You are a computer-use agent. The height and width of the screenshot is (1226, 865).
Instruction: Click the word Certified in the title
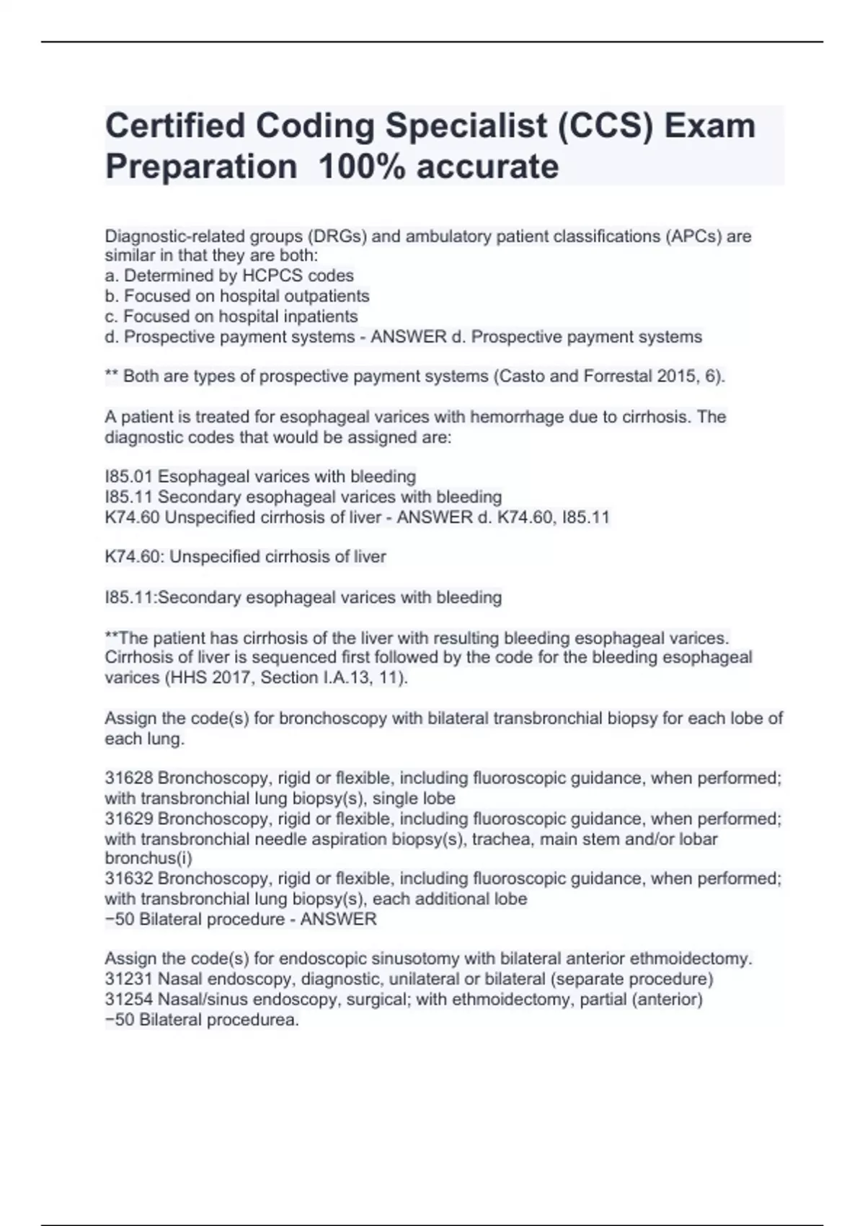[x=175, y=125]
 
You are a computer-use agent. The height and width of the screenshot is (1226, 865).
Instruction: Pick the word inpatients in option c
[x=315, y=316]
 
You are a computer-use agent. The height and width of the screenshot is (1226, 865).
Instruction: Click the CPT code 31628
[x=129, y=778]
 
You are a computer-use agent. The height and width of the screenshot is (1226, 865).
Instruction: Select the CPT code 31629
[x=129, y=819]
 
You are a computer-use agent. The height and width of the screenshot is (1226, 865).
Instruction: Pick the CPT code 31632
[x=129, y=878]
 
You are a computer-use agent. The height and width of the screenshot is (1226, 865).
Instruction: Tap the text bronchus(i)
[x=148, y=858]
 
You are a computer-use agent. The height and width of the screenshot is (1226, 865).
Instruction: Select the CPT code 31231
[x=129, y=979]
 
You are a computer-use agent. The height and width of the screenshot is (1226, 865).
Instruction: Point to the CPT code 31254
[x=129, y=999]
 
